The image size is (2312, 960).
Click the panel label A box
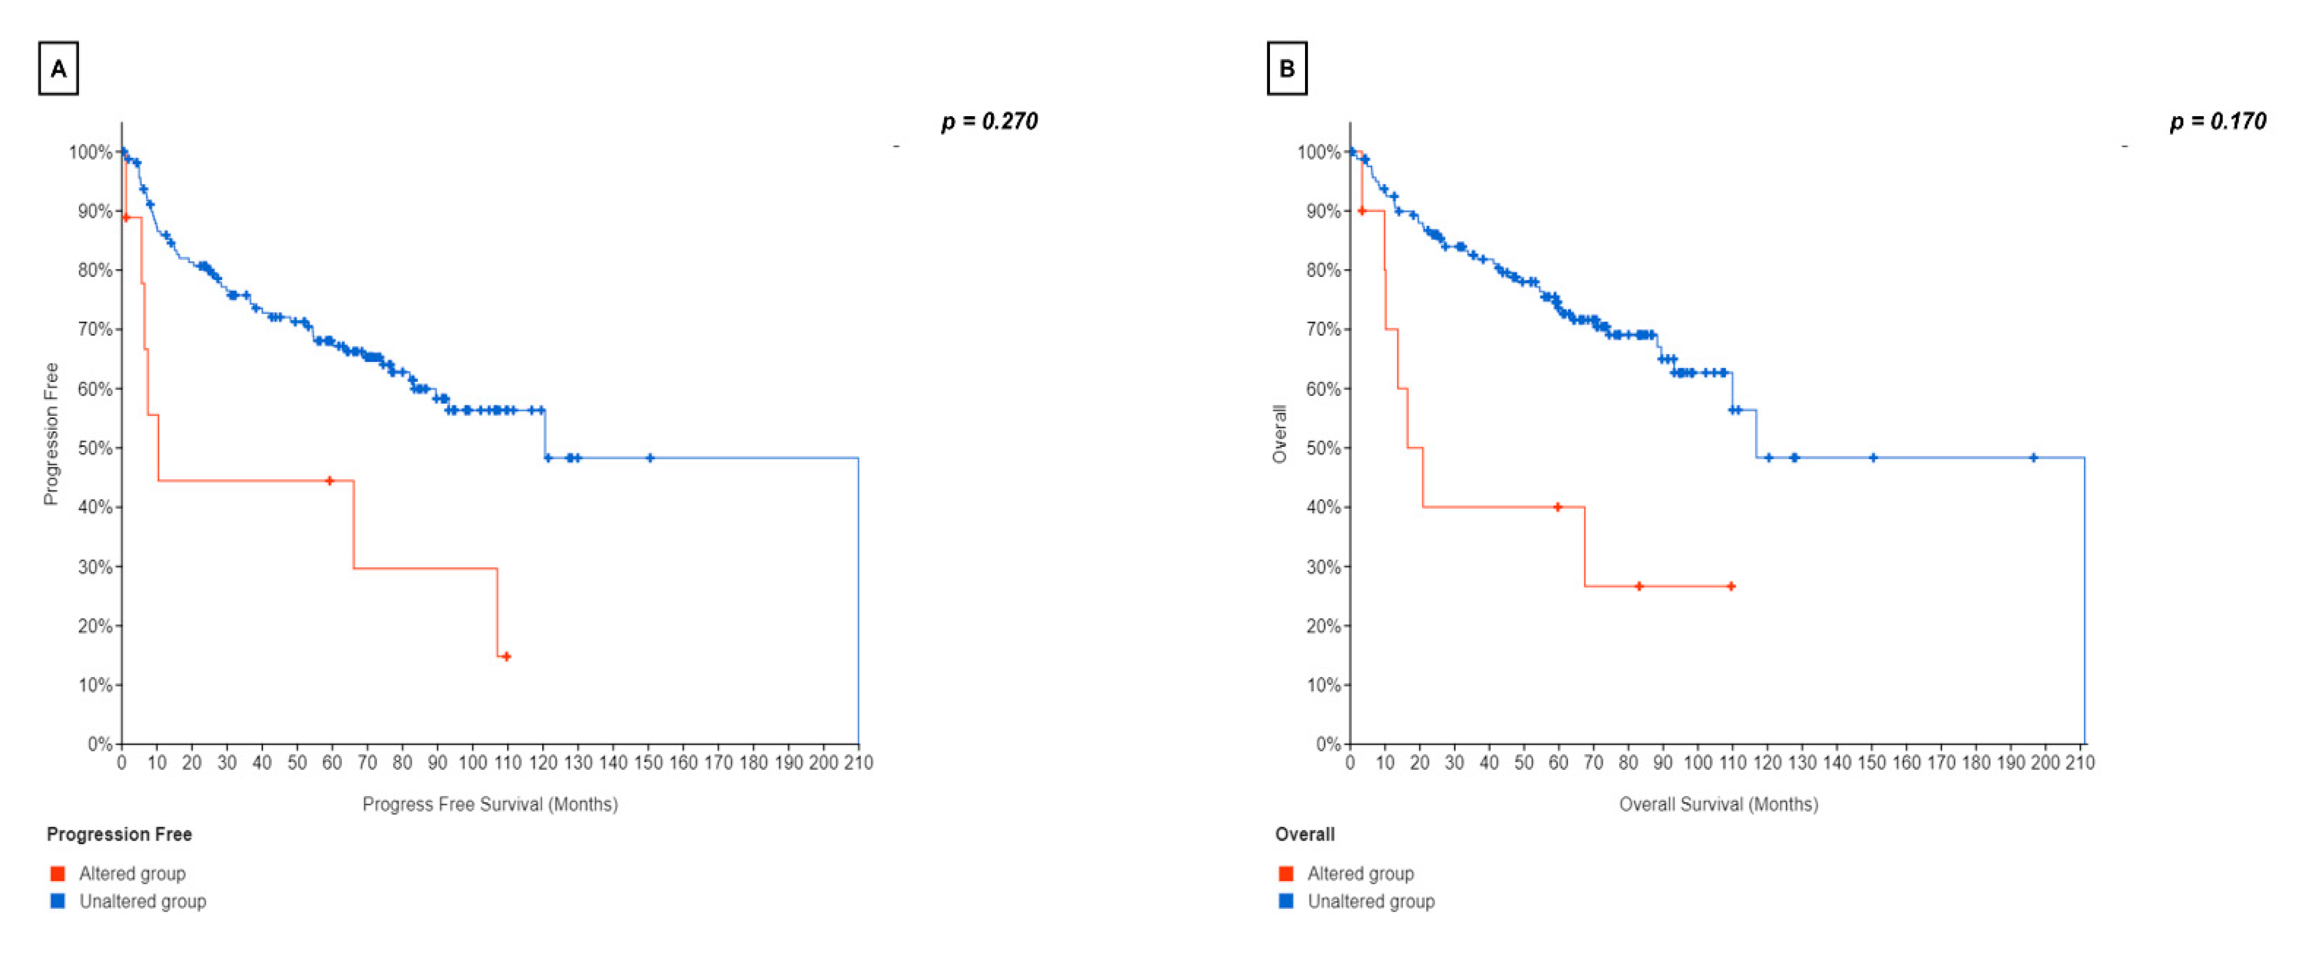click(58, 68)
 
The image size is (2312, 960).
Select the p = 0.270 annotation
click(989, 121)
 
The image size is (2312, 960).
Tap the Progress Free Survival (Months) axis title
click(490, 804)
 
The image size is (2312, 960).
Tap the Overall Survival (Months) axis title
click(1718, 804)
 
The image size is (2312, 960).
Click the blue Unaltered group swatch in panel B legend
click(1286, 901)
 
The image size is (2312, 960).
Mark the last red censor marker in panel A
click(506, 656)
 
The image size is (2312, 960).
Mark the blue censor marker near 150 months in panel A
click(650, 457)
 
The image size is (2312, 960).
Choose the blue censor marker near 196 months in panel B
click(2034, 457)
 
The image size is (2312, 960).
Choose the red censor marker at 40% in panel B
click(1557, 507)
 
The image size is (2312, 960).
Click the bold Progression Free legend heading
click(120, 834)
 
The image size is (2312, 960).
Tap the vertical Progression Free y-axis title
click(51, 434)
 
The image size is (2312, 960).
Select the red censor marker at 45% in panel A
click(329, 481)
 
